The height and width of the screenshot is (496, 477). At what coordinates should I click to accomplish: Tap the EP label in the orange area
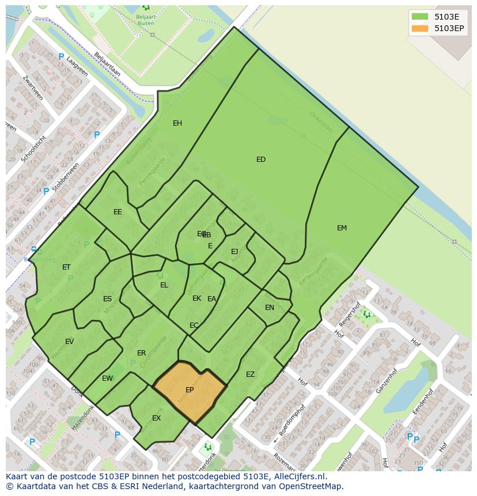coord(190,390)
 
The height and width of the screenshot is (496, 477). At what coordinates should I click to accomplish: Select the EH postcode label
coord(177,123)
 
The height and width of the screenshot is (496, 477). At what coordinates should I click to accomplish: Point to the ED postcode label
coord(261,160)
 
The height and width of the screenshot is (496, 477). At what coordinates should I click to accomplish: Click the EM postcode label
coord(342,228)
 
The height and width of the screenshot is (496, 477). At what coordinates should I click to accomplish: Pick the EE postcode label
coord(118,212)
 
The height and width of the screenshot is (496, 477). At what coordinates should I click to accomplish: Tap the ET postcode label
coord(66,267)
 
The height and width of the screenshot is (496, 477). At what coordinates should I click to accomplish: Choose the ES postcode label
coord(108,299)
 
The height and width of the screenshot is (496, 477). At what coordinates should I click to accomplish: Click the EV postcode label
coord(69,342)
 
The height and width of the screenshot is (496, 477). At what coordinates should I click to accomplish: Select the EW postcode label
coord(107,378)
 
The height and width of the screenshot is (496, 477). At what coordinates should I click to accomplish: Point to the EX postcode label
coord(156,418)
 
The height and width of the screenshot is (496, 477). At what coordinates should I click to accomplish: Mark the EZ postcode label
coord(250,374)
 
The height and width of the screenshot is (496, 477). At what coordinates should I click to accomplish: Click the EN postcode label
coord(270,308)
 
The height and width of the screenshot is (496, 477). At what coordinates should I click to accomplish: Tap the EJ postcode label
coord(234,252)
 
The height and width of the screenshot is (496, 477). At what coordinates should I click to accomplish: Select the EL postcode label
coord(164,285)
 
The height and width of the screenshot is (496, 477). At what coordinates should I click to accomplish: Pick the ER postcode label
coord(141,353)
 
